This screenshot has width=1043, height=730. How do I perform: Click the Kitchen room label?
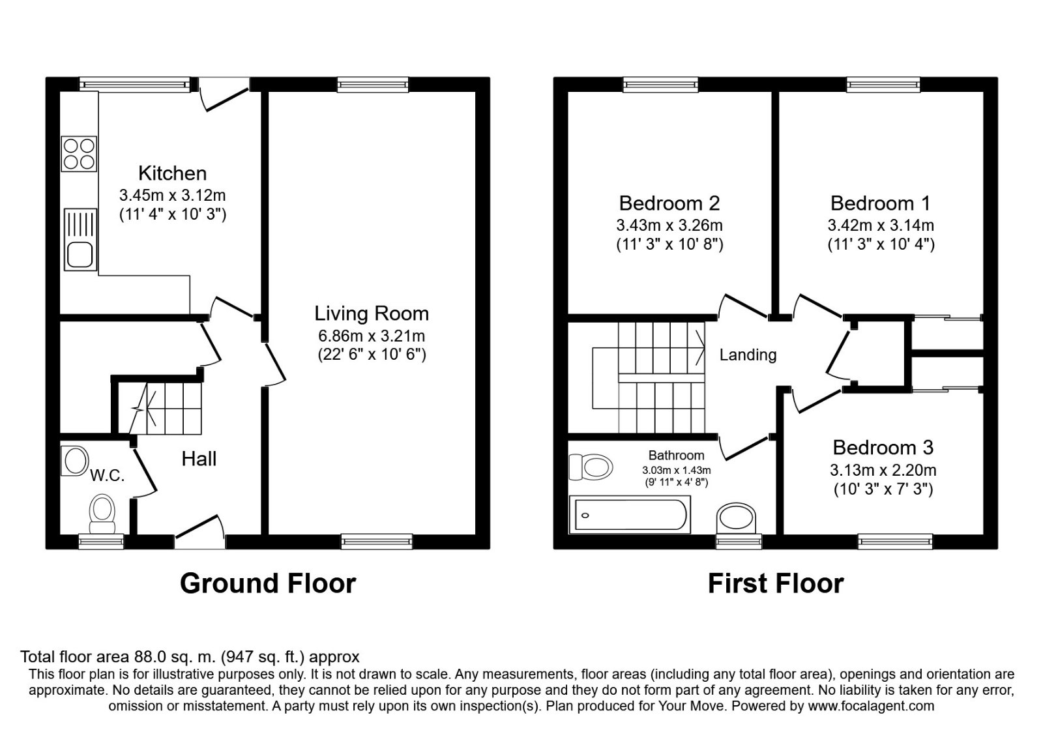point(172,173)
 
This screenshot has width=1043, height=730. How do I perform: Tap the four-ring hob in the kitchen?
point(80,153)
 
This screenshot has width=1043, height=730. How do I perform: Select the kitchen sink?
point(80,239)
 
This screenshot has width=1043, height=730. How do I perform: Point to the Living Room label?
point(372,314)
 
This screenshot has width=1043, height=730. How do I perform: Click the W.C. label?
point(107,476)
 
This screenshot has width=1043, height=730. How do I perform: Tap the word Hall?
point(199,459)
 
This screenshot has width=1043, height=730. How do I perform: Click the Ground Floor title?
point(268,583)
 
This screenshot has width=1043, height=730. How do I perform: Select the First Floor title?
point(776,583)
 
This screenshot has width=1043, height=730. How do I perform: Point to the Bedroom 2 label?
point(669,203)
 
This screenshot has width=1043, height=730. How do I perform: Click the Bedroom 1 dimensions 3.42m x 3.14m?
point(881,226)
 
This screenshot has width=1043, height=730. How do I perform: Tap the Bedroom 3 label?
point(883,448)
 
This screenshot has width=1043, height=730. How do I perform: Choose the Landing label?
point(748,355)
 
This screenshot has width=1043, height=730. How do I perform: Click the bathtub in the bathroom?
point(629,514)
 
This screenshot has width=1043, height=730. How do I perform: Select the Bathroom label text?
point(676,456)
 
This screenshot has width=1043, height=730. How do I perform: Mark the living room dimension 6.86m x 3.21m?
point(372,336)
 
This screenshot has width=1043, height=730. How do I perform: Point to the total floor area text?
point(190,656)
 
